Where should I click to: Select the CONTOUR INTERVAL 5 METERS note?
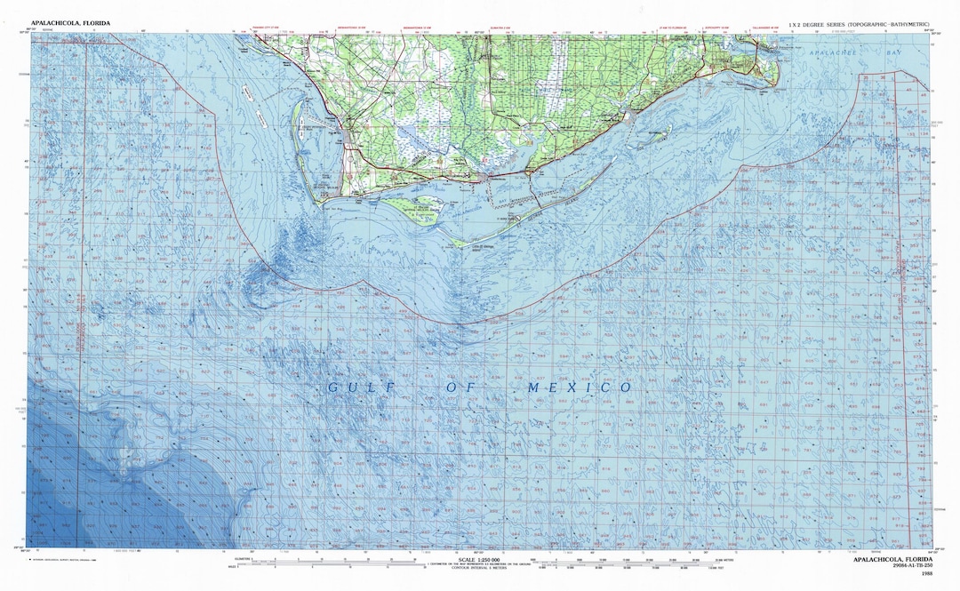pyautogui.click(x=480, y=571)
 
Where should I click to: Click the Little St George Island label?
pyautogui.click(x=483, y=250)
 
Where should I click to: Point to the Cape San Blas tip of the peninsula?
pyautogui.click(x=319, y=200)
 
